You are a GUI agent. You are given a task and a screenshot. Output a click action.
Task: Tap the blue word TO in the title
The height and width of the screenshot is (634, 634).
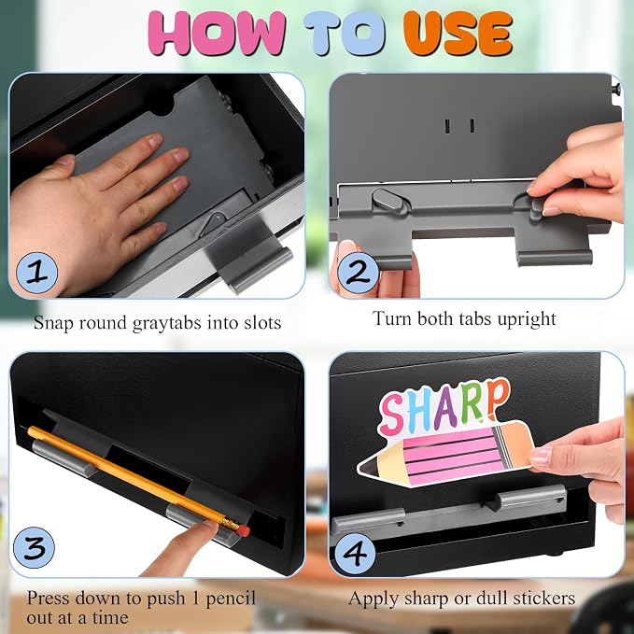click(x=345, y=34)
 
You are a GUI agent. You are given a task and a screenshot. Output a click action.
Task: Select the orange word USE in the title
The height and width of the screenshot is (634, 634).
click(x=458, y=34)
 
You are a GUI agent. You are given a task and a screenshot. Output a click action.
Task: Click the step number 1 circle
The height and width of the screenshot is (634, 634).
click(x=36, y=273)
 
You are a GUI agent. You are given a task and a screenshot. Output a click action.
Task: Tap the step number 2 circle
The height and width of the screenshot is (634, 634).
click(x=358, y=272)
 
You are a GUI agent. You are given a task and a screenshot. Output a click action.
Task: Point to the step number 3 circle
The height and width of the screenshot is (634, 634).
click(x=34, y=547)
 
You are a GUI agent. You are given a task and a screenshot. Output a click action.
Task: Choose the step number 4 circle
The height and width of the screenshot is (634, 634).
click(x=356, y=552)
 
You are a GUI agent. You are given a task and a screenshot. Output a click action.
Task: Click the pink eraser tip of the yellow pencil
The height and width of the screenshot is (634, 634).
click(x=244, y=530)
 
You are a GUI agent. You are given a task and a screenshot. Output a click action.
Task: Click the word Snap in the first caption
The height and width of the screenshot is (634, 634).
click(x=52, y=323)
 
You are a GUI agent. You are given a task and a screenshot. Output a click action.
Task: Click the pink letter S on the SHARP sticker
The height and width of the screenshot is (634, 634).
click(x=392, y=414)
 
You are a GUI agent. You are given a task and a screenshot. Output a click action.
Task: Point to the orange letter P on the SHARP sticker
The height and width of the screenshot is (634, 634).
click(x=496, y=399)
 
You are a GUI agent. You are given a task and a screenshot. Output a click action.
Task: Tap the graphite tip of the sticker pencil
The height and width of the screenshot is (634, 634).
click(x=366, y=467)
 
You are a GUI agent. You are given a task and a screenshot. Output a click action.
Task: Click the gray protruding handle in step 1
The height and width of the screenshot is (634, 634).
click(x=250, y=257)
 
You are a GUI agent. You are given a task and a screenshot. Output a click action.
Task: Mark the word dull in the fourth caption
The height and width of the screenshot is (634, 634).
click(x=490, y=598)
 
